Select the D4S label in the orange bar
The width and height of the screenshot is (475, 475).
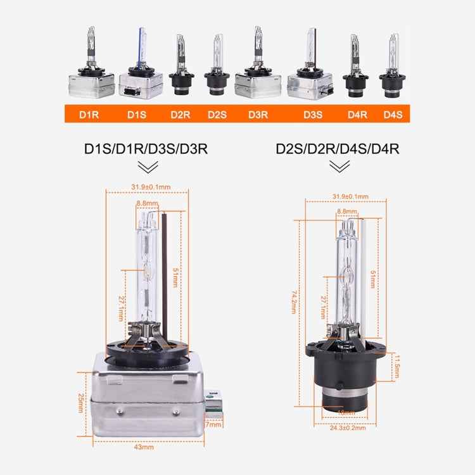[x=393, y=114]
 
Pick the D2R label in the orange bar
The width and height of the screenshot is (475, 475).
[x=180, y=114]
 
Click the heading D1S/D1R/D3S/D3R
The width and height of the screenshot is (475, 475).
[x=146, y=149]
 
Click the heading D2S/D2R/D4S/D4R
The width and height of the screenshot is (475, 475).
[x=337, y=149]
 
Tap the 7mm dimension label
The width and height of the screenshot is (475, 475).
[x=213, y=424]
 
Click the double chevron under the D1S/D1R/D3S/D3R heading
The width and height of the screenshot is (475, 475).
[x=148, y=167]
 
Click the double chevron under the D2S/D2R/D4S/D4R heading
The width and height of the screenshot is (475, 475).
[x=339, y=167]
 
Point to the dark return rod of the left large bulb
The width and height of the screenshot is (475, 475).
[x=165, y=266]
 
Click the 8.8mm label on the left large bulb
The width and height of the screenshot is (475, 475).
[x=146, y=203]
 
